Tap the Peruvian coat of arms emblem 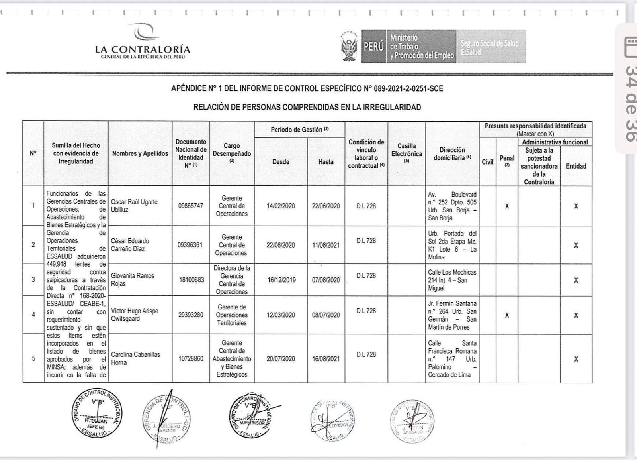tap(350, 46)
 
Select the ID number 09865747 tap(191, 206)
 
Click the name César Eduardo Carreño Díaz tap(130, 245)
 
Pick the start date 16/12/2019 tap(281, 280)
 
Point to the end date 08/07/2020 tap(326, 315)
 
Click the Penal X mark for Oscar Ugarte tap(507, 206)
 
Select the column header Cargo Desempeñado tap(232, 153)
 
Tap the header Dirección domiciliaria tap(452, 154)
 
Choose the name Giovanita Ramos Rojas tap(133, 280)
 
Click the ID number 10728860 tap(191, 358)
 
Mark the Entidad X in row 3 tap(576, 280)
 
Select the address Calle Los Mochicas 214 tap(452, 280)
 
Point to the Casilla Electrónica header tap(406, 154)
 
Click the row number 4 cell tap(33, 315)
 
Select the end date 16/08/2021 tap(326, 358)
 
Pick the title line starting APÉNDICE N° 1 tap(307, 89)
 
